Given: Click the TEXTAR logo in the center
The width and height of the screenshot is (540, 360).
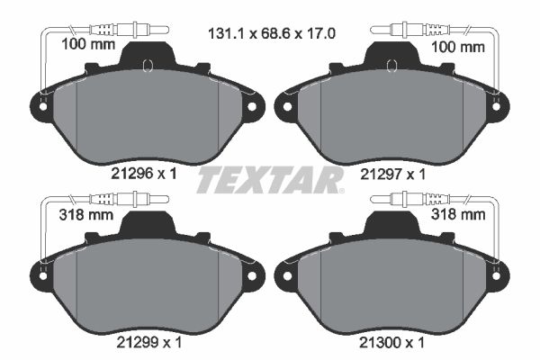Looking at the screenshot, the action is pos(270,180).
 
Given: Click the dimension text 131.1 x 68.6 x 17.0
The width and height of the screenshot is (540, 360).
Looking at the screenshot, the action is pos(272,34).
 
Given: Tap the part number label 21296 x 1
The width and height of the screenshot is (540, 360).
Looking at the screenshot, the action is pos(144,174).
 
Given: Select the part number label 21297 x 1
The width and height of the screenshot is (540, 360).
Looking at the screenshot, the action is pos(392,175).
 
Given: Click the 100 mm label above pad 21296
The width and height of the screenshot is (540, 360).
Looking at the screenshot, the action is pos(88,44).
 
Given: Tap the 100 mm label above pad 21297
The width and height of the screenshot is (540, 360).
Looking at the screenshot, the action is pos(458,47).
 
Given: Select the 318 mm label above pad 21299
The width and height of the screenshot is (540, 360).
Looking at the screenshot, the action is pos(86,215).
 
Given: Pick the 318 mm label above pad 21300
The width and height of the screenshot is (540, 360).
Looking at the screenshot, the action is pos(458,214).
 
